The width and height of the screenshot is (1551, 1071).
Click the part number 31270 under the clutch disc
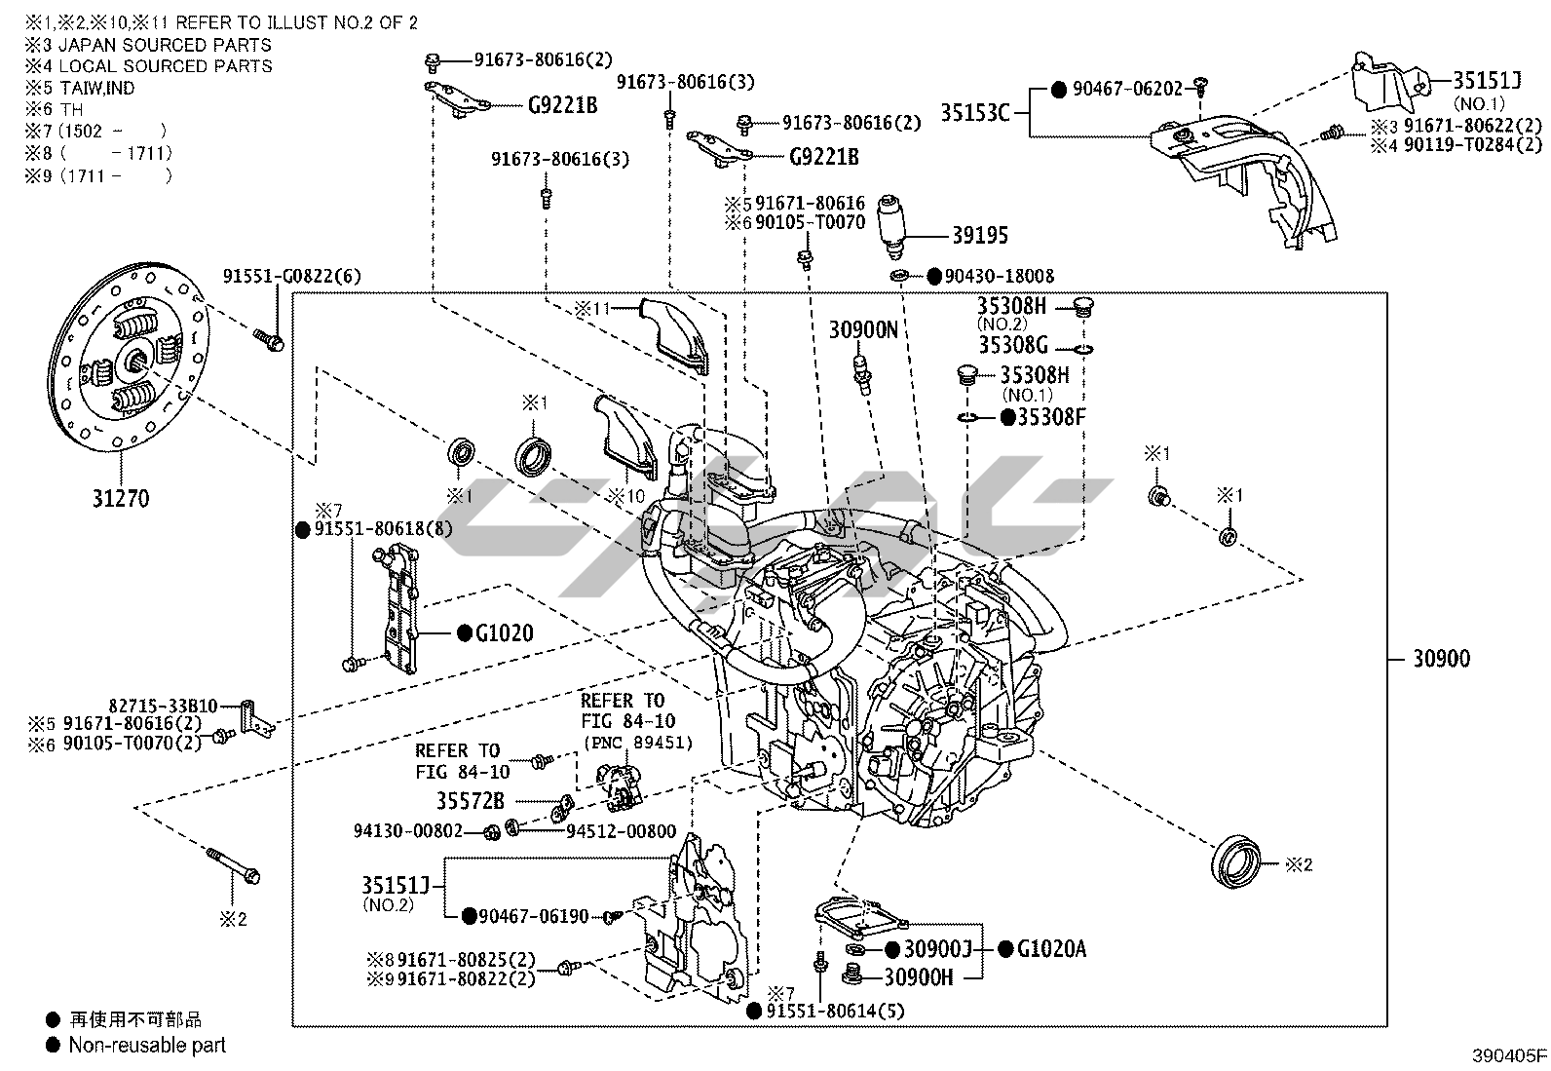coord(121,498)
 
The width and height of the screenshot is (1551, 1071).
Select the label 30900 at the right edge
coord(1441,659)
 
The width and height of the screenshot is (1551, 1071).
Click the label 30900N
coord(863,330)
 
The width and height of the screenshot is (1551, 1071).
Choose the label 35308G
coord(1013,345)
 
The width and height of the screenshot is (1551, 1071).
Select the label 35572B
coord(470,801)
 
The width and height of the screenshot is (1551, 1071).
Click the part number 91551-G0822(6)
coord(291,277)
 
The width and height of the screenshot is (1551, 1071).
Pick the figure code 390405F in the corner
coord(1509,1055)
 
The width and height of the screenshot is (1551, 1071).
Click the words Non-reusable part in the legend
coord(146,1046)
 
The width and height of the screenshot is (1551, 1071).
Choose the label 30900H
coord(919,975)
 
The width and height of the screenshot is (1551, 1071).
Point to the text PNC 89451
coord(638,743)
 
